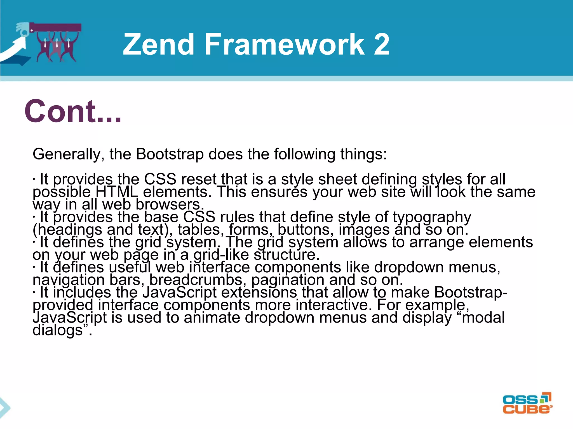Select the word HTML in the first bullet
(117, 192)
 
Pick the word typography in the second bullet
(432, 217)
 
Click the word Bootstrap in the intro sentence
(170, 154)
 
